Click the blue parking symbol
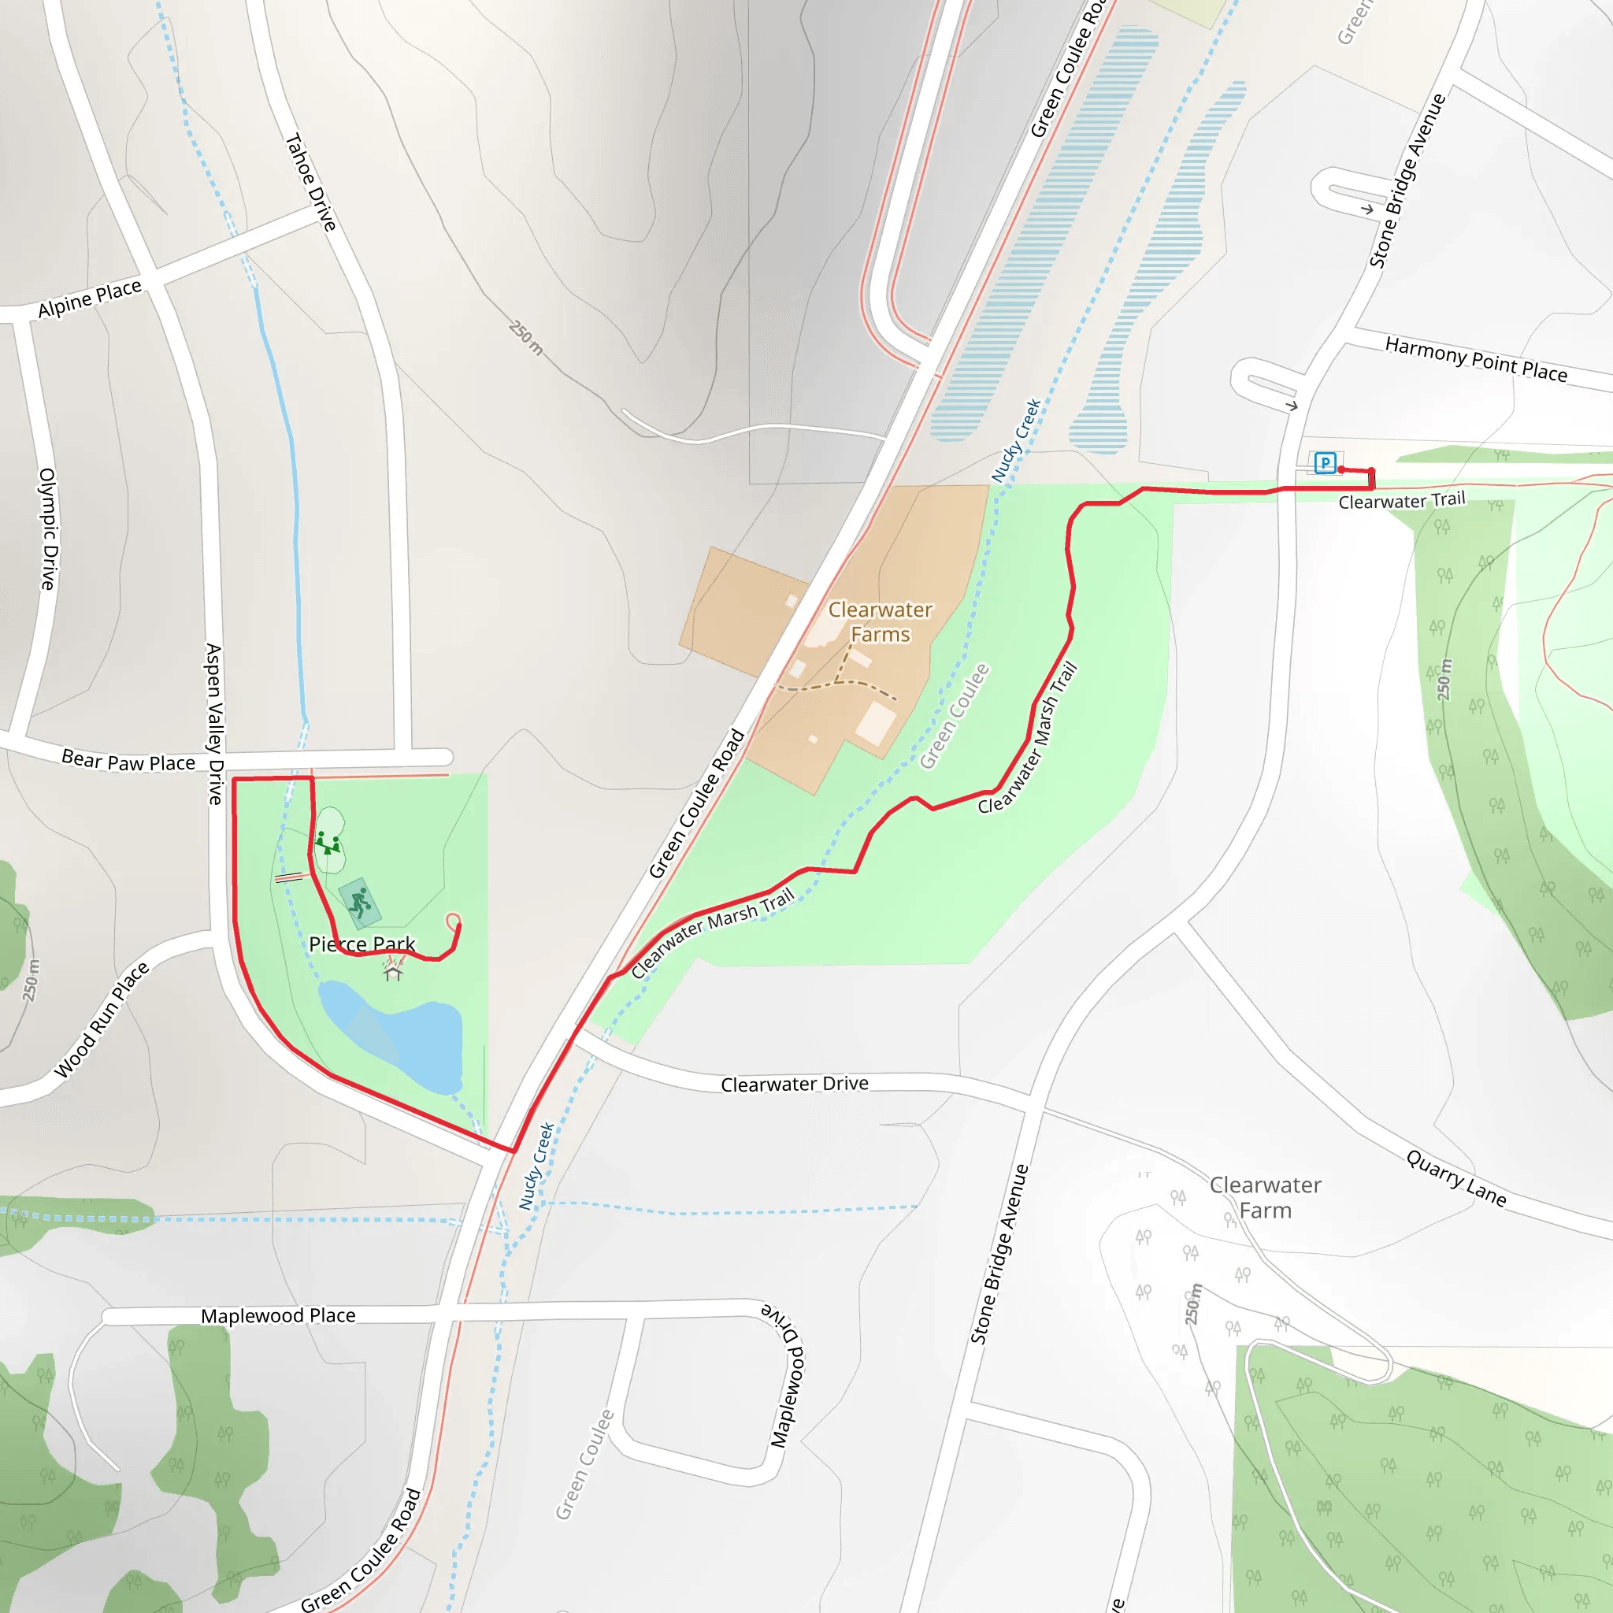pyautogui.click(x=1325, y=462)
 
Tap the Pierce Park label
pyautogui.click(x=362, y=944)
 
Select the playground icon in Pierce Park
pyautogui.click(x=328, y=843)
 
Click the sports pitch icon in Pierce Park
pyautogui.click(x=360, y=903)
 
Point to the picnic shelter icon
pyautogui.click(x=393, y=973)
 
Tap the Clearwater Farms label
pyautogui.click(x=880, y=622)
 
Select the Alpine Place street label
pyautogui.click(x=90, y=298)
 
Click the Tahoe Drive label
pyautogui.click(x=310, y=182)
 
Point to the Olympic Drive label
pyautogui.click(x=48, y=528)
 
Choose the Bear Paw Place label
pyautogui.click(x=128, y=761)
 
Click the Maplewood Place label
pyautogui.click(x=278, y=1316)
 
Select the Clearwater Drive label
pyautogui.click(x=794, y=1084)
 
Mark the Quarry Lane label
pyautogui.click(x=1456, y=1178)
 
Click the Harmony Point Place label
pyautogui.click(x=1475, y=359)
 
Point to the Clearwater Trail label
pyautogui.click(x=1402, y=501)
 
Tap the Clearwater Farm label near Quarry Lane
pyautogui.click(x=1265, y=1197)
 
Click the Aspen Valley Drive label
pyautogui.click(x=214, y=723)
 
